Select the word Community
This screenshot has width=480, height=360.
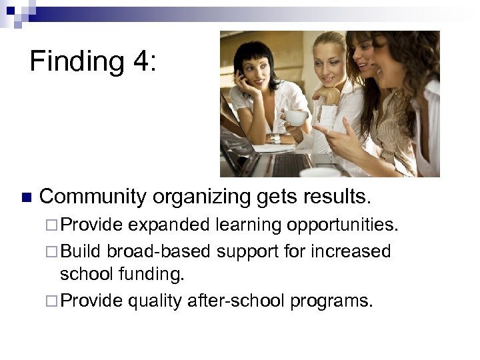click(93, 197)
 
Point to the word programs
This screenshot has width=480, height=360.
click(331, 302)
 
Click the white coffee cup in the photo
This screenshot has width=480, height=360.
click(297, 118)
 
